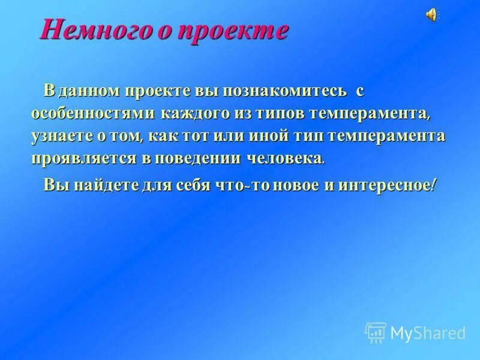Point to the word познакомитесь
pyautogui.click(x=285, y=91)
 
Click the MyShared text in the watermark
pyautogui.click(x=428, y=332)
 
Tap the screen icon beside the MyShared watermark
pyautogui.click(x=376, y=332)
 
